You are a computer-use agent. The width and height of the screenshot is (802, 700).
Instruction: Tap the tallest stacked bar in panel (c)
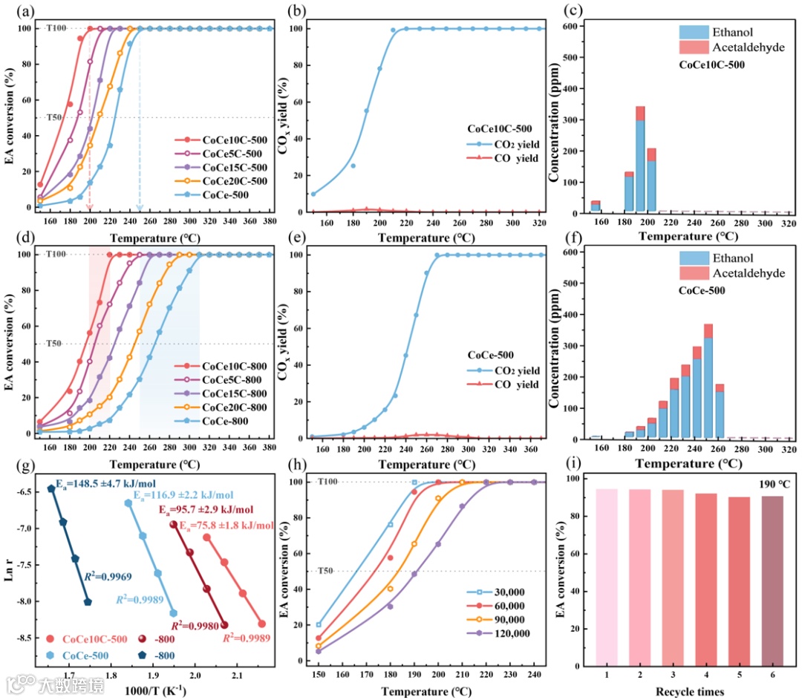(641, 160)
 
